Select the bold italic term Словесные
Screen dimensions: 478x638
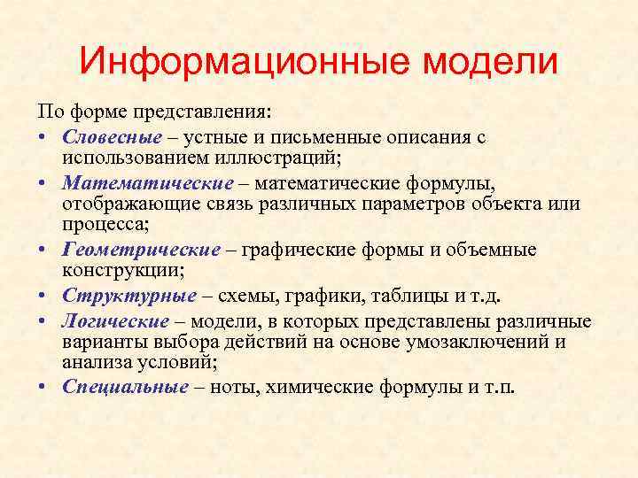click(x=113, y=138)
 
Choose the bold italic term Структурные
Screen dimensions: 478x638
click(x=129, y=296)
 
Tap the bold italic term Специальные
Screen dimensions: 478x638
click(x=125, y=387)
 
